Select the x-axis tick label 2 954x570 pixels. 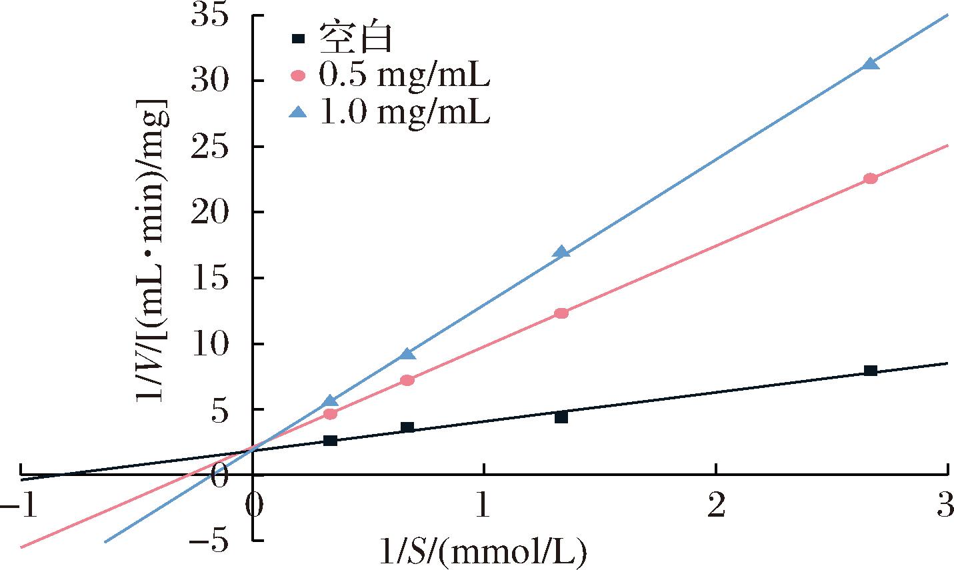(715, 506)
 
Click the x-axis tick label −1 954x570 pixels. (19, 506)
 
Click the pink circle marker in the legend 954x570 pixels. (298, 77)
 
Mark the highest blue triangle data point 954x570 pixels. (870, 64)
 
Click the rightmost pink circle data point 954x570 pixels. (870, 178)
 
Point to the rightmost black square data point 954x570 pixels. (870, 371)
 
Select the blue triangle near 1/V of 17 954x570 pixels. (561, 252)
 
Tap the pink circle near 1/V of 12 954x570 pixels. (561, 313)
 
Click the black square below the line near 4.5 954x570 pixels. (561, 417)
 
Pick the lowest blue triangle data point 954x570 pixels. (330, 401)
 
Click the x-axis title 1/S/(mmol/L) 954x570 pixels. (483, 552)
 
